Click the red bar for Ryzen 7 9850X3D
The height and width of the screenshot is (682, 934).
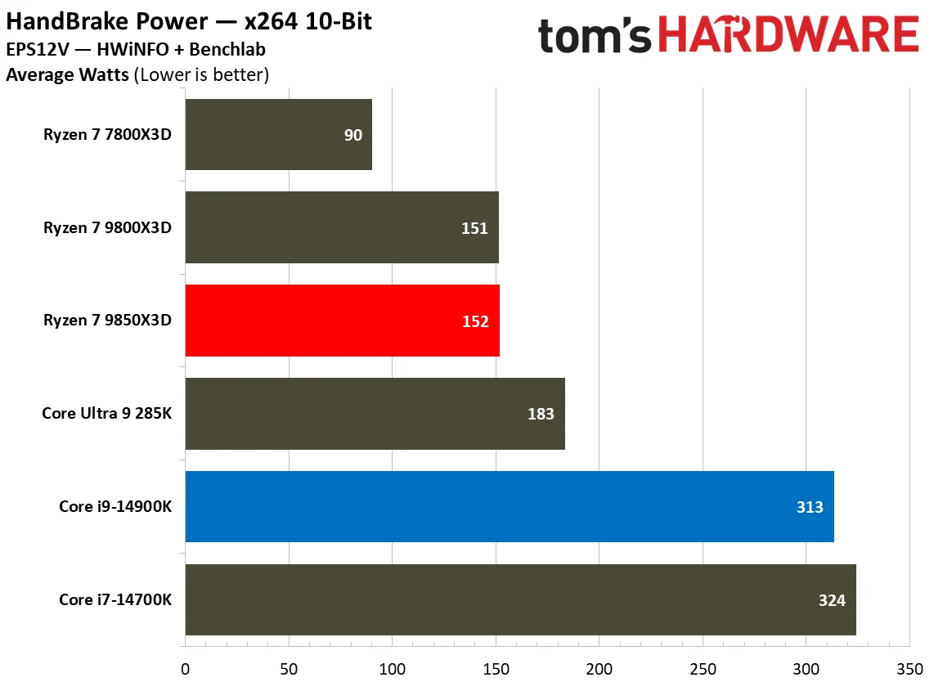342,321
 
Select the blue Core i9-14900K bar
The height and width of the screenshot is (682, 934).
509,506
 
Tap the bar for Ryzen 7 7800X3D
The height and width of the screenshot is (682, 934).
278,134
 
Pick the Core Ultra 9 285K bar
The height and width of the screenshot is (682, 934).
375,413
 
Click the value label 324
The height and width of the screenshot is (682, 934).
832,600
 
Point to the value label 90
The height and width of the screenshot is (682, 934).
352,135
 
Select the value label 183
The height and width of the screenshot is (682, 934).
541,414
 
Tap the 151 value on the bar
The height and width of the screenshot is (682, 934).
474,228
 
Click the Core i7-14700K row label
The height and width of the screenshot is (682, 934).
115,600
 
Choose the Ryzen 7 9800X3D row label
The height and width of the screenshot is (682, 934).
107,228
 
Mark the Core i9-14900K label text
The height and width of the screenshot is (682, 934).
115,507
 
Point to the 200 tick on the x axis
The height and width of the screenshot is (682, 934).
599,667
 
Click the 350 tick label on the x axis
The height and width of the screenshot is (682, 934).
909,667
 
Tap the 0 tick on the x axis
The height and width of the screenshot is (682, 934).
186,667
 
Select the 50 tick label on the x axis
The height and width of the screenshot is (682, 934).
289,667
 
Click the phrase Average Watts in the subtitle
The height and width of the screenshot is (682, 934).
67,76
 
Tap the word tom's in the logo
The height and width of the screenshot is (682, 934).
595,37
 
